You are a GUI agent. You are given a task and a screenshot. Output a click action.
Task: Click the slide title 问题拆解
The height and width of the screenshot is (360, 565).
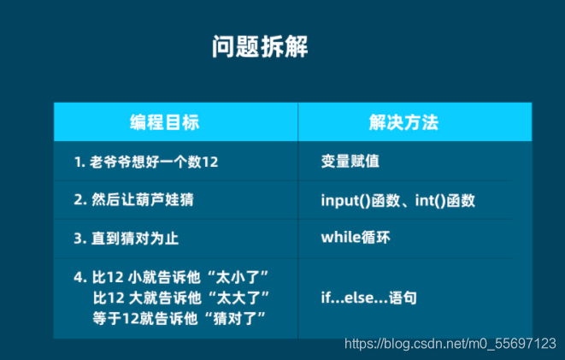pos(260,46)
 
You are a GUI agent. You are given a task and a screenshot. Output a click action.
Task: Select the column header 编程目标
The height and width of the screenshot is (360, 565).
pos(165,121)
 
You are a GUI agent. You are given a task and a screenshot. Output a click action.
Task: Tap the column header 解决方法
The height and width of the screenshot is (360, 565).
pos(404,121)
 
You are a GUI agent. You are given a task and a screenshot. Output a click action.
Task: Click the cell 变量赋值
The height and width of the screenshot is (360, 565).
pos(350,162)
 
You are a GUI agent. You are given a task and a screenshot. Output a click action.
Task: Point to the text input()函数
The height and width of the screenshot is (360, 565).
pos(360,201)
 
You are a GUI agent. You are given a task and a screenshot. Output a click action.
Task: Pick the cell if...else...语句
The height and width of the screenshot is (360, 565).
pos(368,298)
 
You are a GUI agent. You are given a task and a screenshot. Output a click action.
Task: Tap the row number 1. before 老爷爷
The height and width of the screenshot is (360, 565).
pos(79,162)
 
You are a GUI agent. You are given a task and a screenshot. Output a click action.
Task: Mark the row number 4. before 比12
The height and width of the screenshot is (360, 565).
pos(80,277)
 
